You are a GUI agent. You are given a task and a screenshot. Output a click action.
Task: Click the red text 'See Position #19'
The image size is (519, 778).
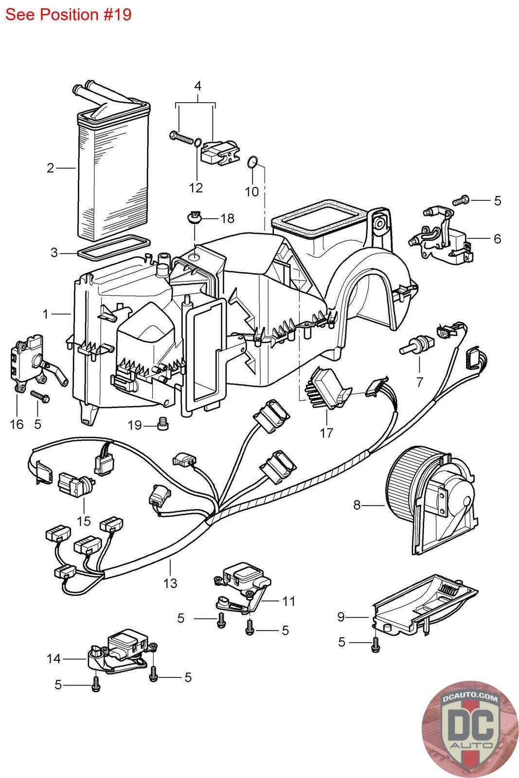pos(69,15)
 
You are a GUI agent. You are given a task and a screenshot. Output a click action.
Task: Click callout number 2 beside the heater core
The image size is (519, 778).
pos(51,168)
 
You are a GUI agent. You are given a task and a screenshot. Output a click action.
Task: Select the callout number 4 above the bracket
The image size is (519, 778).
pos(197,86)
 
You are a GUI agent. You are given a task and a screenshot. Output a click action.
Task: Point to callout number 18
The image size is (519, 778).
pos(227,218)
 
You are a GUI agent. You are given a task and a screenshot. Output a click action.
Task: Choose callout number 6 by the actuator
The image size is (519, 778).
pos(497,239)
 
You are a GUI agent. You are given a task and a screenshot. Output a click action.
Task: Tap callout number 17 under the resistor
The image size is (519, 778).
pos(326,432)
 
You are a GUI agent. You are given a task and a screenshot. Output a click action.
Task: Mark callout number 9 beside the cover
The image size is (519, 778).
pos(341,617)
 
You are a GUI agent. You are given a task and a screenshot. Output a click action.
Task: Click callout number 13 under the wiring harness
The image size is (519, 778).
pos(170,583)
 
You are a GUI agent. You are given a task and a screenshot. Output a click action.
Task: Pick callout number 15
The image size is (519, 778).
pos(84,521)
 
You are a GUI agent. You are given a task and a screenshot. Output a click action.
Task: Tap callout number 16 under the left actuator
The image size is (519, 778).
pos(17,424)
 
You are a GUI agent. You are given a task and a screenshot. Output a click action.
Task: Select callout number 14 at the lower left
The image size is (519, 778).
pos(54,658)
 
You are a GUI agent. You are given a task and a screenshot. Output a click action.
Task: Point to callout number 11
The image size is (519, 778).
pos(289,601)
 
